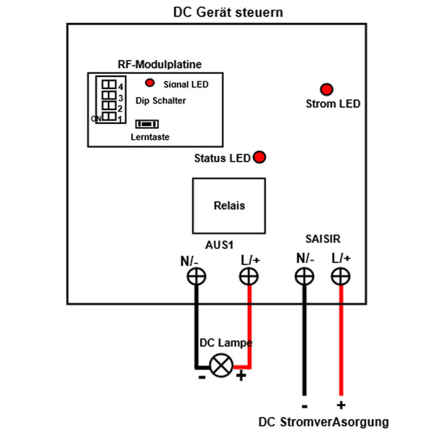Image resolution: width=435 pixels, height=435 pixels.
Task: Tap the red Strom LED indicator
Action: (327, 89)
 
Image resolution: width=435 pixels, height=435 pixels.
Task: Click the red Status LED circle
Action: (258, 157)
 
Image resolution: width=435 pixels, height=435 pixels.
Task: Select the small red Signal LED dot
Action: (150, 83)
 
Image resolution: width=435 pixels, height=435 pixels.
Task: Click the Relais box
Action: (229, 205)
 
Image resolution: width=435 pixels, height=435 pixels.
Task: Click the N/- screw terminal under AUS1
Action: (195, 276)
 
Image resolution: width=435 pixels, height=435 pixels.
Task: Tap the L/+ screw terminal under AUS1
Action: (249, 276)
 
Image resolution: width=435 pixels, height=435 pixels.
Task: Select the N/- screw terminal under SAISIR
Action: (304, 276)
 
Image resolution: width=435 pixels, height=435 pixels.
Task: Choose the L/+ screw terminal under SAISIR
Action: (341, 276)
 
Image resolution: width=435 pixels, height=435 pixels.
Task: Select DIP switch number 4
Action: (109, 84)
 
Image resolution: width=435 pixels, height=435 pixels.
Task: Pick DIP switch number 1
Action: (109, 117)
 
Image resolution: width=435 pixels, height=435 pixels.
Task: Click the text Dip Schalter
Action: (160, 101)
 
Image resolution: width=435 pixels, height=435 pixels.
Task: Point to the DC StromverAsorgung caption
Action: (323, 422)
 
